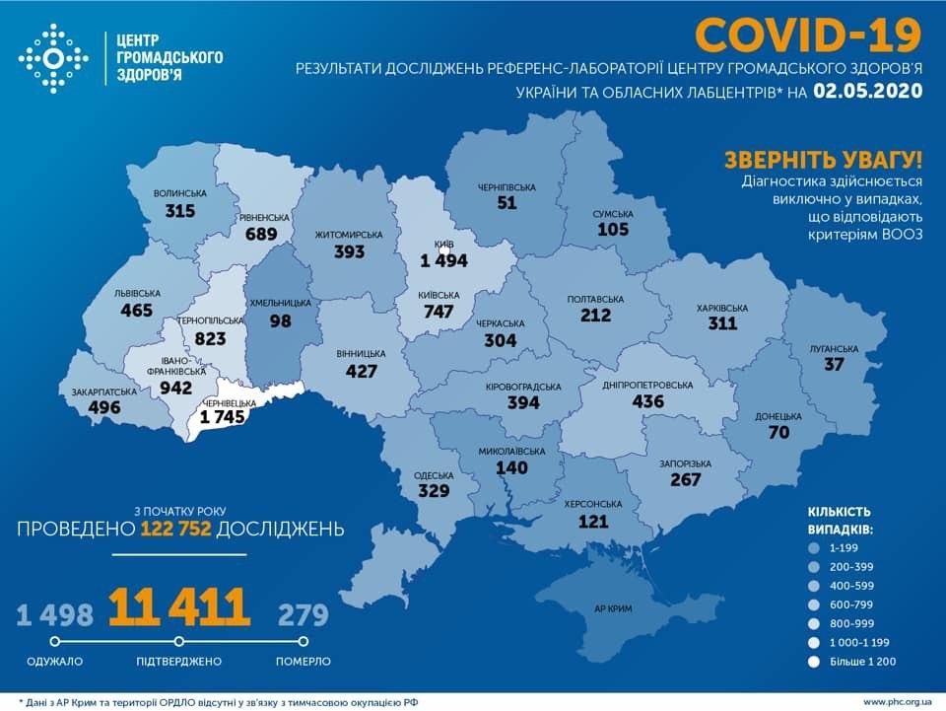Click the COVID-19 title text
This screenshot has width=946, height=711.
coord(808,36)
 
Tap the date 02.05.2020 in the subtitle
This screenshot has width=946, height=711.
coord(867,92)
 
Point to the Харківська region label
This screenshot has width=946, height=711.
coord(722,308)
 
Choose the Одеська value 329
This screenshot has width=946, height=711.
coord(434,490)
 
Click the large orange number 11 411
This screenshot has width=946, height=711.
coord(178,607)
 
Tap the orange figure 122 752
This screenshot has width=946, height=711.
coord(176,530)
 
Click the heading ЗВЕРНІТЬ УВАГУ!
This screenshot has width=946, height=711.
coord(824,160)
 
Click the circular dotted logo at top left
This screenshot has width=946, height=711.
coord(53,58)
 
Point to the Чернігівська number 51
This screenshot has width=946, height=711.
coord(507,202)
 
